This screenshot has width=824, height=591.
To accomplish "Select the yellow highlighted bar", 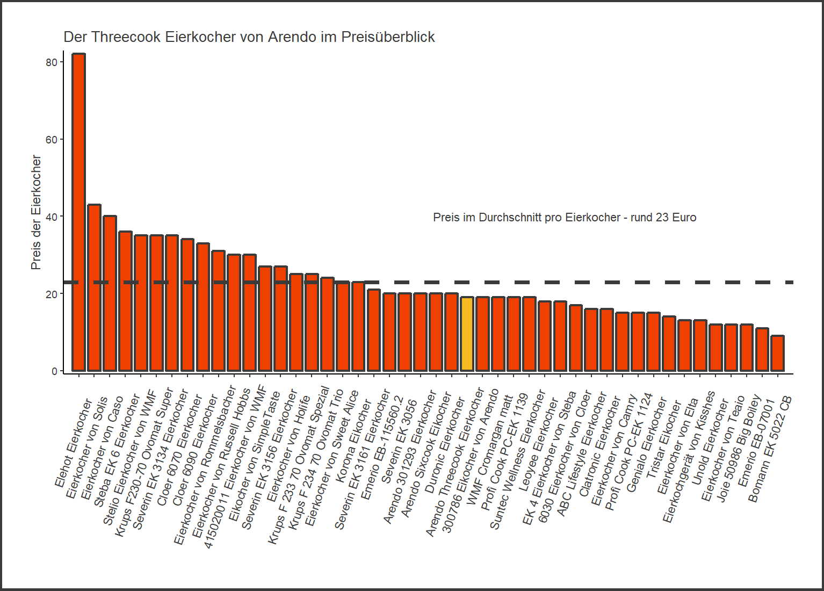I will [467, 334].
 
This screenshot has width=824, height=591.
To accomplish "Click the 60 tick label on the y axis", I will [52, 140].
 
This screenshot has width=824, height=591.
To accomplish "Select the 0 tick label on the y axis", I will [54, 371].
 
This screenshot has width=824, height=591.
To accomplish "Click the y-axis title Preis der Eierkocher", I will [36, 212].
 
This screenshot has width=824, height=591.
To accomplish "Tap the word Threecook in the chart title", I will [126, 37].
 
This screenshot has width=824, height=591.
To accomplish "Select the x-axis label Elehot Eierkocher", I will [73, 443].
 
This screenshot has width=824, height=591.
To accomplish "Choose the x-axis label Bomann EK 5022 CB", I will [769, 449].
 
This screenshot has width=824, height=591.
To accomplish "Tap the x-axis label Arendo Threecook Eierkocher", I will [454, 462].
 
